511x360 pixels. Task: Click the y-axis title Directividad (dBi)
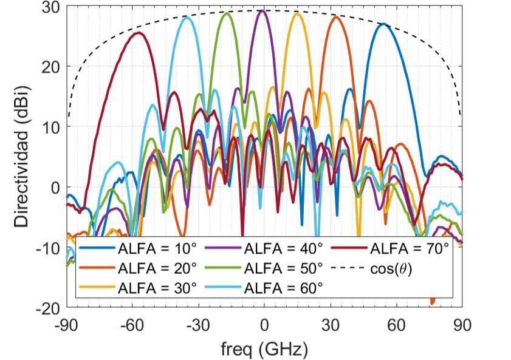(x=22, y=157)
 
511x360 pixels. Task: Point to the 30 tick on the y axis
(x=50, y=7)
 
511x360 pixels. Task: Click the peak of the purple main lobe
(x=262, y=10)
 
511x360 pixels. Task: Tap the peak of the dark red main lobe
(x=138, y=33)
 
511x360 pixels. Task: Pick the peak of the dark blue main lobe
(x=383, y=24)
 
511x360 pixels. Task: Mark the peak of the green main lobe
(x=227, y=13)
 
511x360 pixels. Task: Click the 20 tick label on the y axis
(x=50, y=67)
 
